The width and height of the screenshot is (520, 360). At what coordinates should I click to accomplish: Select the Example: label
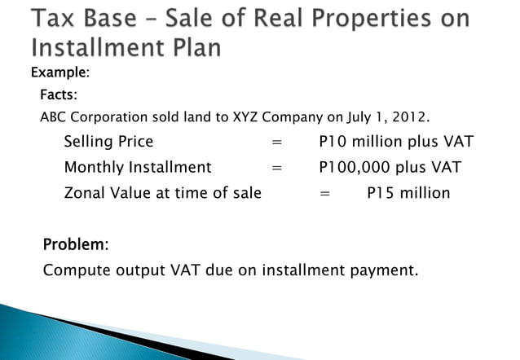60,73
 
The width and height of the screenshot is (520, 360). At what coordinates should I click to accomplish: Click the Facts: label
59,95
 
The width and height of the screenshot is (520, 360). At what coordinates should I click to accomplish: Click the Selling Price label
108,142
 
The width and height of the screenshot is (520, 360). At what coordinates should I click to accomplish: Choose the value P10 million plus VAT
396,142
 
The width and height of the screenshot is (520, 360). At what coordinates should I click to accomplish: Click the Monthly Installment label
137,168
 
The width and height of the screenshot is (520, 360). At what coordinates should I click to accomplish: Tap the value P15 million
408,194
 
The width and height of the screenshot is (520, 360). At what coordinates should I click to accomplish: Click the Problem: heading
76,244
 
